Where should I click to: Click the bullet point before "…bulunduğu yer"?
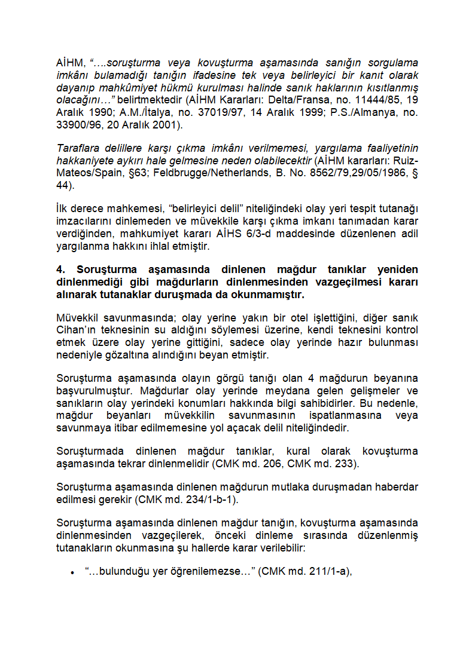coord(72,572)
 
